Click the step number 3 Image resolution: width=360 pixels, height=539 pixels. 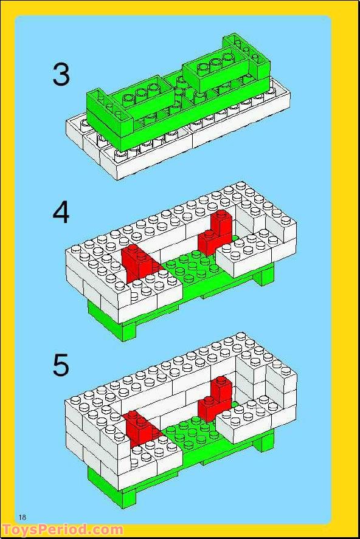tap(61, 75)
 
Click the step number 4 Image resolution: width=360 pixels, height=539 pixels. tap(61, 213)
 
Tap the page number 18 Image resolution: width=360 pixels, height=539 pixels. tap(22, 517)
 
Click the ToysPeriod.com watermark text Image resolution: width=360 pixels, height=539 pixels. tap(63, 530)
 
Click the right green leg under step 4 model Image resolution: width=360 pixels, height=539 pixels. tap(267, 276)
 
